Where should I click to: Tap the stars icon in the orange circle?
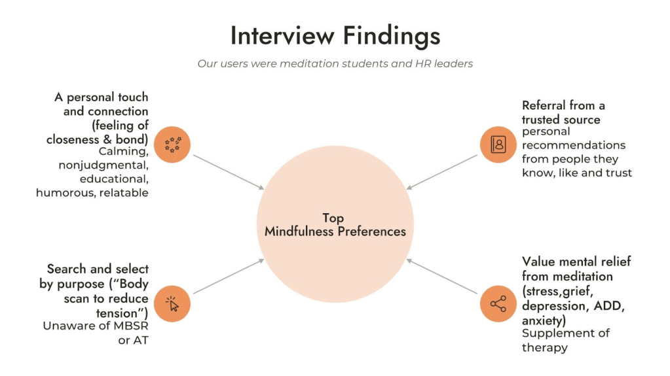[x=173, y=144]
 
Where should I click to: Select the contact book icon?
[x=498, y=144]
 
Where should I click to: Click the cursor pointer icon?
[x=173, y=304]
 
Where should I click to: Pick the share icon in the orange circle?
[x=498, y=304]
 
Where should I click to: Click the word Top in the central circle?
[x=333, y=218]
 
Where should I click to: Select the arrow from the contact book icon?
[x=442, y=172]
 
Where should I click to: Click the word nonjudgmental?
[x=106, y=165]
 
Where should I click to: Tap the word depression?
[x=553, y=305]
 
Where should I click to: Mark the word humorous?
[x=65, y=193]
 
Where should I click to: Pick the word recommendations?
[x=574, y=145]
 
